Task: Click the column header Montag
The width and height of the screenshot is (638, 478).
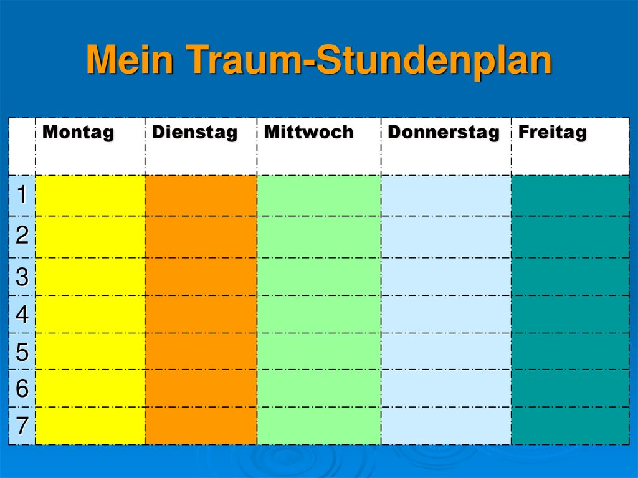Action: [x=79, y=133]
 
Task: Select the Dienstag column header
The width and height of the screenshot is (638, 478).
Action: [x=194, y=133]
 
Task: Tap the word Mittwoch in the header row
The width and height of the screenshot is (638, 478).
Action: [x=308, y=133]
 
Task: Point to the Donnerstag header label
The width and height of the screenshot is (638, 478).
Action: [x=443, y=133]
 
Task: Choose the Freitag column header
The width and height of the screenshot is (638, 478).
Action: [x=552, y=133]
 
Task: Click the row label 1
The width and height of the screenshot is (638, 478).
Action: [x=22, y=196]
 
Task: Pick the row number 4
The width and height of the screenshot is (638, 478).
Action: [x=22, y=315]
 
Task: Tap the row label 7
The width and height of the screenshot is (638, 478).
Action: [x=22, y=426]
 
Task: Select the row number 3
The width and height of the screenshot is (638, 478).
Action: [x=22, y=277]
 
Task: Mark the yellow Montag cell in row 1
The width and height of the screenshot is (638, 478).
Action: [x=90, y=196]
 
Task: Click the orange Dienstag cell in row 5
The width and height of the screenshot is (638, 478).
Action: [x=201, y=351]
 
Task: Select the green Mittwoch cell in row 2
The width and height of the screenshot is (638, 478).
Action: [x=318, y=237]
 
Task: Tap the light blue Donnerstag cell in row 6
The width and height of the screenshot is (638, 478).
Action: [x=445, y=388]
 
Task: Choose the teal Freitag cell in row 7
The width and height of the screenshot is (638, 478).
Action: [x=569, y=426]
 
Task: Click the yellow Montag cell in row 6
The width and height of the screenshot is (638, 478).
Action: [x=90, y=388]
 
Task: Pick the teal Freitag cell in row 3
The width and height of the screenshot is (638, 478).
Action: [x=569, y=277]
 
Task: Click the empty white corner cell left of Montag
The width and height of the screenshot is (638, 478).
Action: [x=22, y=146]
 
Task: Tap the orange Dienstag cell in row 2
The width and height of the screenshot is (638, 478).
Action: [x=201, y=237]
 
